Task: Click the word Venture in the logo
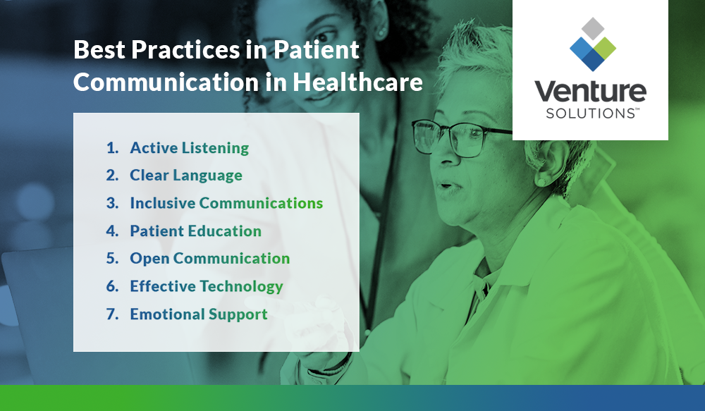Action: pos(589,92)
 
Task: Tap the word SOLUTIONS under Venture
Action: pos(589,114)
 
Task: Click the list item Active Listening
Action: pos(189,148)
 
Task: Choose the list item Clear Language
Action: pos(185,176)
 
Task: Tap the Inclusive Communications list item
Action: pos(226,203)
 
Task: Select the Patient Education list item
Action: pos(195,231)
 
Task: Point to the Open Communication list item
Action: pos(209,259)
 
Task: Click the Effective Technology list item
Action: pos(206,286)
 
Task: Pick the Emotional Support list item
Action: pos(198,314)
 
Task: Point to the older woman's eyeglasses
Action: pos(451,136)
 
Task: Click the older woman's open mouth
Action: pos(444,186)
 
